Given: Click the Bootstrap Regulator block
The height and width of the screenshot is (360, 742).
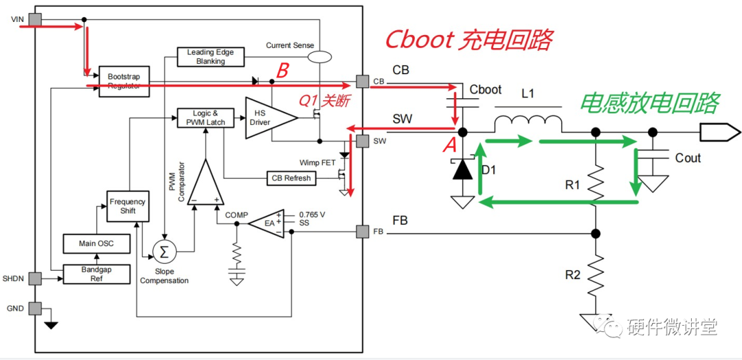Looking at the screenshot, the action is [124, 81].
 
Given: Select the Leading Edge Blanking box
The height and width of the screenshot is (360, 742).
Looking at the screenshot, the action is [212, 57].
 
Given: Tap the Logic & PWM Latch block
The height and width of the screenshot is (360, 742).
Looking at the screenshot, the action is [206, 117].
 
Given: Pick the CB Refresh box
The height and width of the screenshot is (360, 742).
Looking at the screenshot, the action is [291, 178].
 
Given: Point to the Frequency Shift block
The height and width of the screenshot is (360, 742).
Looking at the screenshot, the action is [128, 206].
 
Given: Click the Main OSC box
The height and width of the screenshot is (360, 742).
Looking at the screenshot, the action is [97, 244].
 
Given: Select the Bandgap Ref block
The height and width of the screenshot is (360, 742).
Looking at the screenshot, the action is [97, 274].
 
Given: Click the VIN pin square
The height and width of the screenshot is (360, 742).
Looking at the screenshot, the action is [35, 19].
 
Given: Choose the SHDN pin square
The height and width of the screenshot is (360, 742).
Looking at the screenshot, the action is [35, 278].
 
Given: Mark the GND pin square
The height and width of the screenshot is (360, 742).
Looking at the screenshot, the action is [35, 308].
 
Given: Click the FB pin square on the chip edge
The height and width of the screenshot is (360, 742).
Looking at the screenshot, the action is [363, 232].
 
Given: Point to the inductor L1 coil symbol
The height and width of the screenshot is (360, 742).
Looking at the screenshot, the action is [528, 124].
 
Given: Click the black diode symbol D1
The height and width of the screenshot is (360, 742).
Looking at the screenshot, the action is [463, 169].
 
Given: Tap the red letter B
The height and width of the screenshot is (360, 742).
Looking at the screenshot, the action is [282, 71].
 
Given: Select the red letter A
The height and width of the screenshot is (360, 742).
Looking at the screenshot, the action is [449, 146].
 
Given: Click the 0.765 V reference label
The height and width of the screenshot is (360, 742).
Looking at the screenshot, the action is [312, 214].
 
